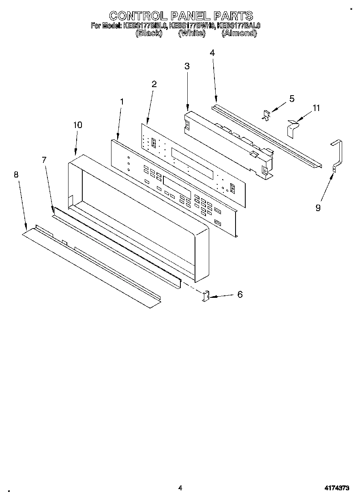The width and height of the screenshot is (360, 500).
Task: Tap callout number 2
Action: pyautogui.click(x=154, y=84)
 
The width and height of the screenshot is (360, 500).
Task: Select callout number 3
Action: pyautogui.click(x=187, y=66)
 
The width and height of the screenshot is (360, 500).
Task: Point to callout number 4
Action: pyautogui.click(x=212, y=53)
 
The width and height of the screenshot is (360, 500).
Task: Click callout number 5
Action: pyautogui.click(x=291, y=98)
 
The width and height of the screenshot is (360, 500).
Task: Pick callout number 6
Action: pyautogui.click(x=240, y=295)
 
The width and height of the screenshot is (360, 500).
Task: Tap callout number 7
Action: pyautogui.click(x=44, y=160)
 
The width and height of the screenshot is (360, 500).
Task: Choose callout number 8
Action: pyautogui.click(x=16, y=174)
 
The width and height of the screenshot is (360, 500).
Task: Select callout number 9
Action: pyautogui.click(x=318, y=207)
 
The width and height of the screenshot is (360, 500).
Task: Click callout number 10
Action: pyautogui.click(x=77, y=125)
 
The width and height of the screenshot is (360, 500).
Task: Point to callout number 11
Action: pyautogui.click(x=316, y=108)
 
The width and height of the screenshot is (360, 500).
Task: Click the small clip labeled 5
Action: pyautogui.click(x=266, y=115)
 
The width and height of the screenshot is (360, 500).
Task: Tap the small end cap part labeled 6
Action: pyautogui.click(x=206, y=296)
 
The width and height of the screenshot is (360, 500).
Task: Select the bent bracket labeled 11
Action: pyautogui.click(x=291, y=128)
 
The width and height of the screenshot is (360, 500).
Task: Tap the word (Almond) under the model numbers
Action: pyautogui.click(x=239, y=34)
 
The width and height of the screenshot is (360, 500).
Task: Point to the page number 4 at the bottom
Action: pyautogui.click(x=180, y=488)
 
